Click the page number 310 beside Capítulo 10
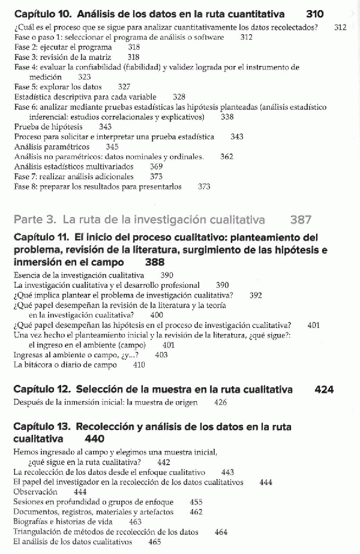314,13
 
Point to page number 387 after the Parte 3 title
301,220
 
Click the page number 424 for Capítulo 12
324,390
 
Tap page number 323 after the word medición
85,77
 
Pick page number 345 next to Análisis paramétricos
112,146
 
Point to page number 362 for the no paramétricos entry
227,156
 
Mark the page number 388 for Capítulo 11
155,262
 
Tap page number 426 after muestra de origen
220,402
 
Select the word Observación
35,492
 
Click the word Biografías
31,522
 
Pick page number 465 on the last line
155,541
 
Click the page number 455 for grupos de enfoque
196,502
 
